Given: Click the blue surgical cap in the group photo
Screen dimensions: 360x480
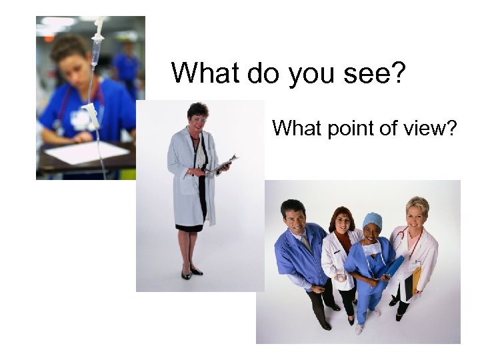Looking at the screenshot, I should click(372, 219).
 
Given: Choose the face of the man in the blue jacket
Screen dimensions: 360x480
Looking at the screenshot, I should click(293, 215).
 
